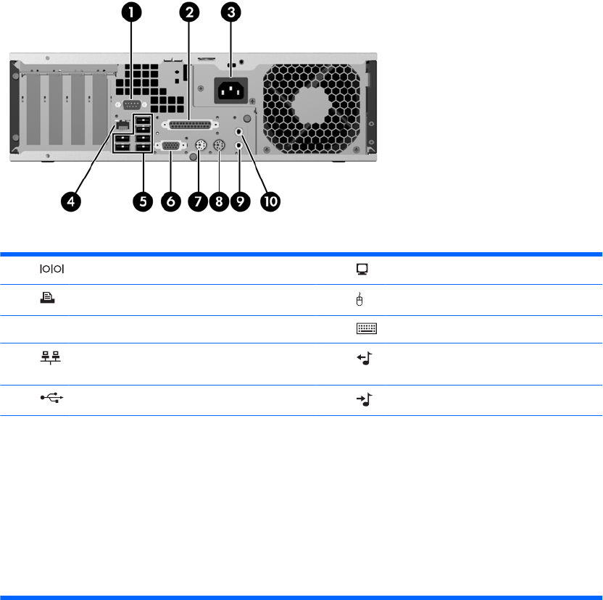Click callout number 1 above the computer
coord(131,12)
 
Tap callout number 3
coord(230,12)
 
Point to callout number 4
coord(70,201)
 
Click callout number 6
coord(170,201)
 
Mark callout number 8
coord(219,201)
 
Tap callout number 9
coord(241,201)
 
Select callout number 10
coord(269,201)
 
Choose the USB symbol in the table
coord(49,399)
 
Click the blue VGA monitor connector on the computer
coord(170,145)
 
